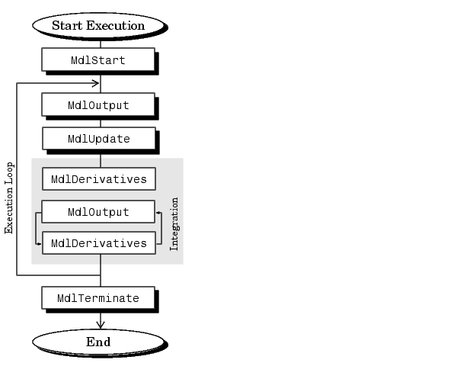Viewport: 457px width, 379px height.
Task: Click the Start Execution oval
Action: pos(98,25)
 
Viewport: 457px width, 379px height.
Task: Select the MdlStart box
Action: pos(98,59)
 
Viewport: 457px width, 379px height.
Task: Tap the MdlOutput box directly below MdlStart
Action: pos(98,104)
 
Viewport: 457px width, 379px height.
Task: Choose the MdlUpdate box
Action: pos(98,139)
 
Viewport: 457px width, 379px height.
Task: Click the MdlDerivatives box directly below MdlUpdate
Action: pos(99,179)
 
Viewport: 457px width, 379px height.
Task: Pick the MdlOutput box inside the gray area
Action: pos(98,211)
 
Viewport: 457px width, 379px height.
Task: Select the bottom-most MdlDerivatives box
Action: pos(99,243)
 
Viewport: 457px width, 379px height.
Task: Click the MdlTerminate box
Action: pos(98,298)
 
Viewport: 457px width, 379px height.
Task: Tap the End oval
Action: pos(98,342)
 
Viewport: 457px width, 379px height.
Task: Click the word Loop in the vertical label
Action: pos(9,175)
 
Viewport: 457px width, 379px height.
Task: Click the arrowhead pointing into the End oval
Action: pos(101,326)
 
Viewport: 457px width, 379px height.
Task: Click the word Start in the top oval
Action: pos(67,25)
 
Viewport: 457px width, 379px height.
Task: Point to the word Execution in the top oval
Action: pos(116,25)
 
